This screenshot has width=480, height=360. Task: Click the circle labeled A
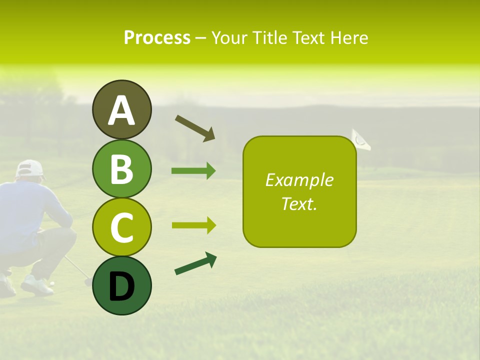(x=121, y=109)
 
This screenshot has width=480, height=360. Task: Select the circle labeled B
(x=121, y=168)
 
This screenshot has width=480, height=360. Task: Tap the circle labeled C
(x=121, y=227)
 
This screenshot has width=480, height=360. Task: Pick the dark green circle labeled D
(x=121, y=286)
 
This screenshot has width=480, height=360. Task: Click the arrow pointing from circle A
(x=195, y=127)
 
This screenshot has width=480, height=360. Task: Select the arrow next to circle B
(x=193, y=171)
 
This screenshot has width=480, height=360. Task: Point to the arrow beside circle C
(x=193, y=225)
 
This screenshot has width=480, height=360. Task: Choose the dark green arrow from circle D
(x=195, y=263)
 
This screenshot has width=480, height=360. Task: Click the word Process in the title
(x=157, y=38)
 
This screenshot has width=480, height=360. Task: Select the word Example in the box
(x=299, y=180)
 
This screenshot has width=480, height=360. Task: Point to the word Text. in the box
(x=299, y=203)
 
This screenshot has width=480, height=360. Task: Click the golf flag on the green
(x=361, y=139)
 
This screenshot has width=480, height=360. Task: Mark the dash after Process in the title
(x=200, y=38)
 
